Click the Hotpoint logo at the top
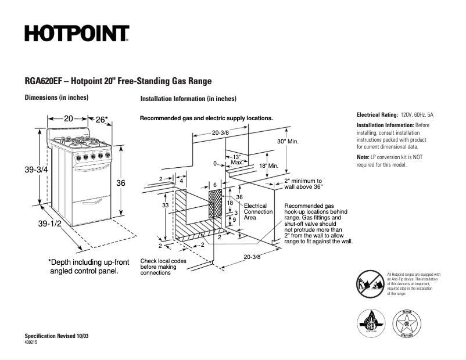tap(76, 34)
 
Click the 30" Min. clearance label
tap(288, 142)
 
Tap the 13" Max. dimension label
tap(236, 160)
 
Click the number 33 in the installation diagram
tap(166, 206)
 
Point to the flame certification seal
tap(371, 322)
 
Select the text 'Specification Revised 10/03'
tap(57, 337)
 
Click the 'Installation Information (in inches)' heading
tap(188, 99)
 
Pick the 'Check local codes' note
tap(163, 261)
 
